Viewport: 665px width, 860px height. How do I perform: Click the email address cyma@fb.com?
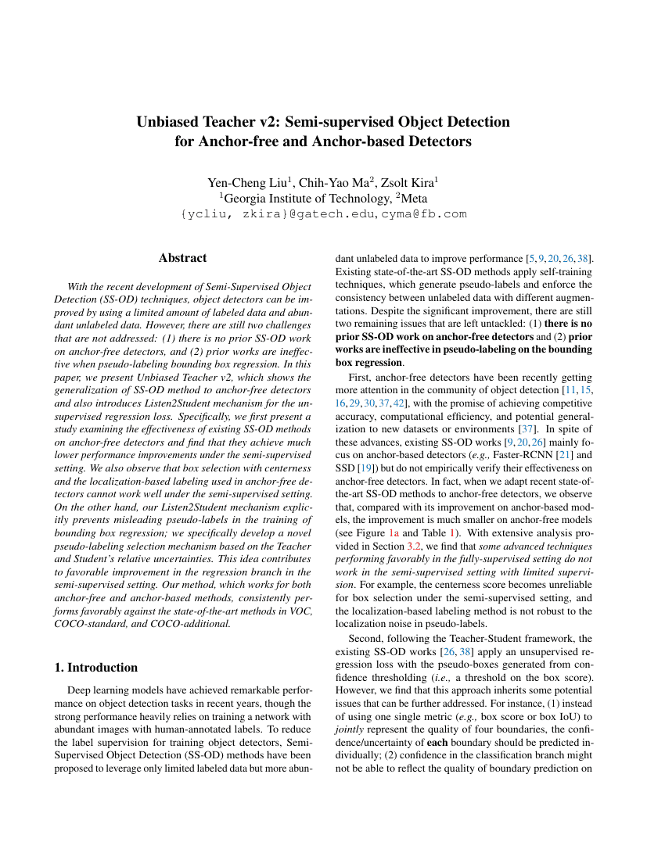[424, 213]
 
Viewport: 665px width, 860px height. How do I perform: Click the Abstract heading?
[183, 258]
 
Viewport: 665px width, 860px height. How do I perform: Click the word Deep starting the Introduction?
[81, 690]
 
